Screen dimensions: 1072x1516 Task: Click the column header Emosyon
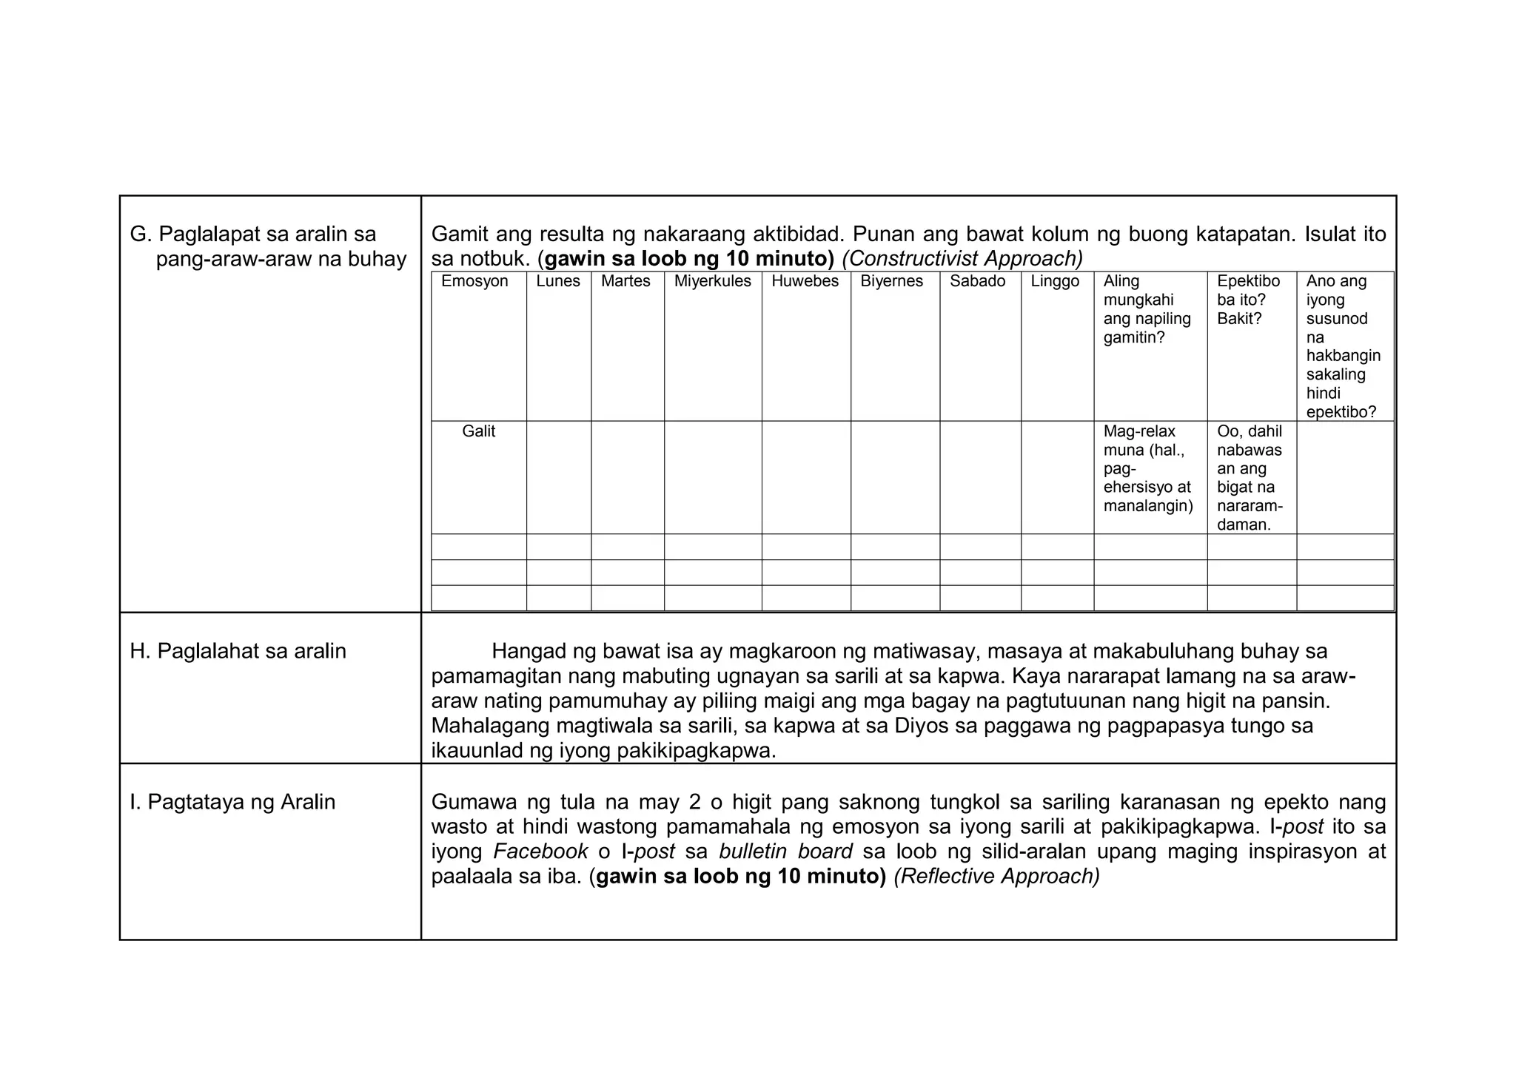[474, 281]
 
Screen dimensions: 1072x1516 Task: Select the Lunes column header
[558, 281]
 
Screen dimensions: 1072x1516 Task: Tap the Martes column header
[625, 281]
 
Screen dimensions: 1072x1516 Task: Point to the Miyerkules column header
[712, 281]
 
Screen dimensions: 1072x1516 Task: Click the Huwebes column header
[805, 281]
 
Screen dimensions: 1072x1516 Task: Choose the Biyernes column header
[891, 281]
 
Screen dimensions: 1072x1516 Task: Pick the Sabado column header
[977, 281]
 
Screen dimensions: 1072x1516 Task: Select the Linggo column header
[1055, 281]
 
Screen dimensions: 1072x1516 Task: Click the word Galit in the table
[478, 431]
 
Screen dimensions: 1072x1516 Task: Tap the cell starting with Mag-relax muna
[1147, 468]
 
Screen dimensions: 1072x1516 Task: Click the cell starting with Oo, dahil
[1250, 477]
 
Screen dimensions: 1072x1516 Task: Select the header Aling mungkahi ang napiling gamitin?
[1147, 309]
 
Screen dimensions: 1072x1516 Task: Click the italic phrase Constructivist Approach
[962, 258]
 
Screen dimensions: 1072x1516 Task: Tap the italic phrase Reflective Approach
[996, 876]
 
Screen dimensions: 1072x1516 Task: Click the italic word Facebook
[540, 852]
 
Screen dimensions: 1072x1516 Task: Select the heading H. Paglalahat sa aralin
[238, 651]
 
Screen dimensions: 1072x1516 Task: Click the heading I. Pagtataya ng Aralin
[232, 802]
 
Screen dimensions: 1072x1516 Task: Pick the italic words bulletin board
[785, 852]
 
